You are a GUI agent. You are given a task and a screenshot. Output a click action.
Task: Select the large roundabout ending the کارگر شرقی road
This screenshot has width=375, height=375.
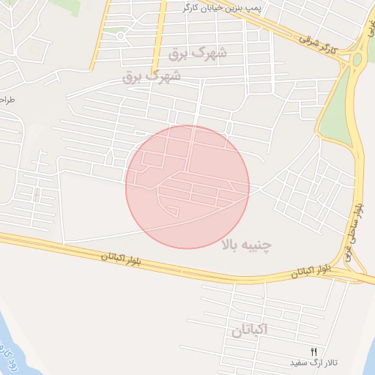357,59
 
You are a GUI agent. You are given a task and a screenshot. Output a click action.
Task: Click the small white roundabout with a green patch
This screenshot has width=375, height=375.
119,34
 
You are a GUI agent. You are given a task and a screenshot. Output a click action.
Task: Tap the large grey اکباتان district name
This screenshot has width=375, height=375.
250,331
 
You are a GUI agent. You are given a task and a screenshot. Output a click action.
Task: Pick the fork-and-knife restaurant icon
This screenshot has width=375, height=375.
314,352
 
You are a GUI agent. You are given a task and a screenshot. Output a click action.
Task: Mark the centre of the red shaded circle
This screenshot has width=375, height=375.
187,187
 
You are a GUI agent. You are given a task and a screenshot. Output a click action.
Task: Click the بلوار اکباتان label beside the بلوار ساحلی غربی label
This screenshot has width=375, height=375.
311,272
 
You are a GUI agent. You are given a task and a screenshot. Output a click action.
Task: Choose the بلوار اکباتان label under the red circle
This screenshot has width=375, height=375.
122,258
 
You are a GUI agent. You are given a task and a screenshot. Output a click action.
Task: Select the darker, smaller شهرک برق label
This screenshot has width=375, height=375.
152,76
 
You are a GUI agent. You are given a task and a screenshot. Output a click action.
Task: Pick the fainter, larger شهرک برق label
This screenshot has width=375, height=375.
198,53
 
